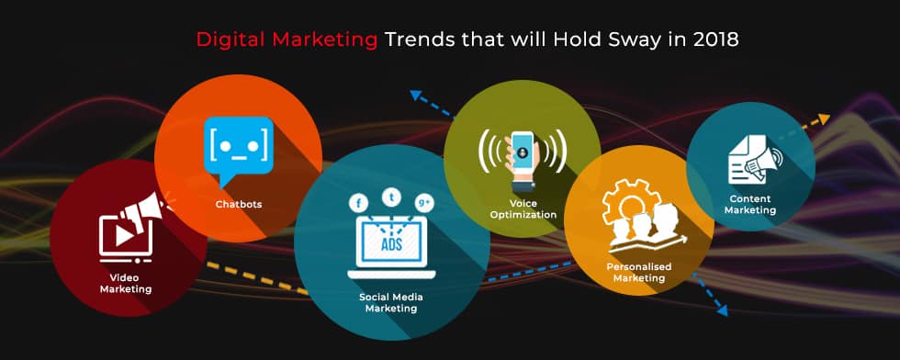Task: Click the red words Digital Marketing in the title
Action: click(287, 40)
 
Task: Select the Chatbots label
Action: click(239, 204)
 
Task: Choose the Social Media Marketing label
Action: click(391, 302)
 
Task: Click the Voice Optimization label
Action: click(523, 209)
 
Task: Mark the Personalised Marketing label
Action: click(638, 272)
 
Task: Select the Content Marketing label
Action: click(750, 204)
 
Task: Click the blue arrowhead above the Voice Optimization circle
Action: click(416, 95)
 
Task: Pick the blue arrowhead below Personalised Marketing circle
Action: click(722, 310)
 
